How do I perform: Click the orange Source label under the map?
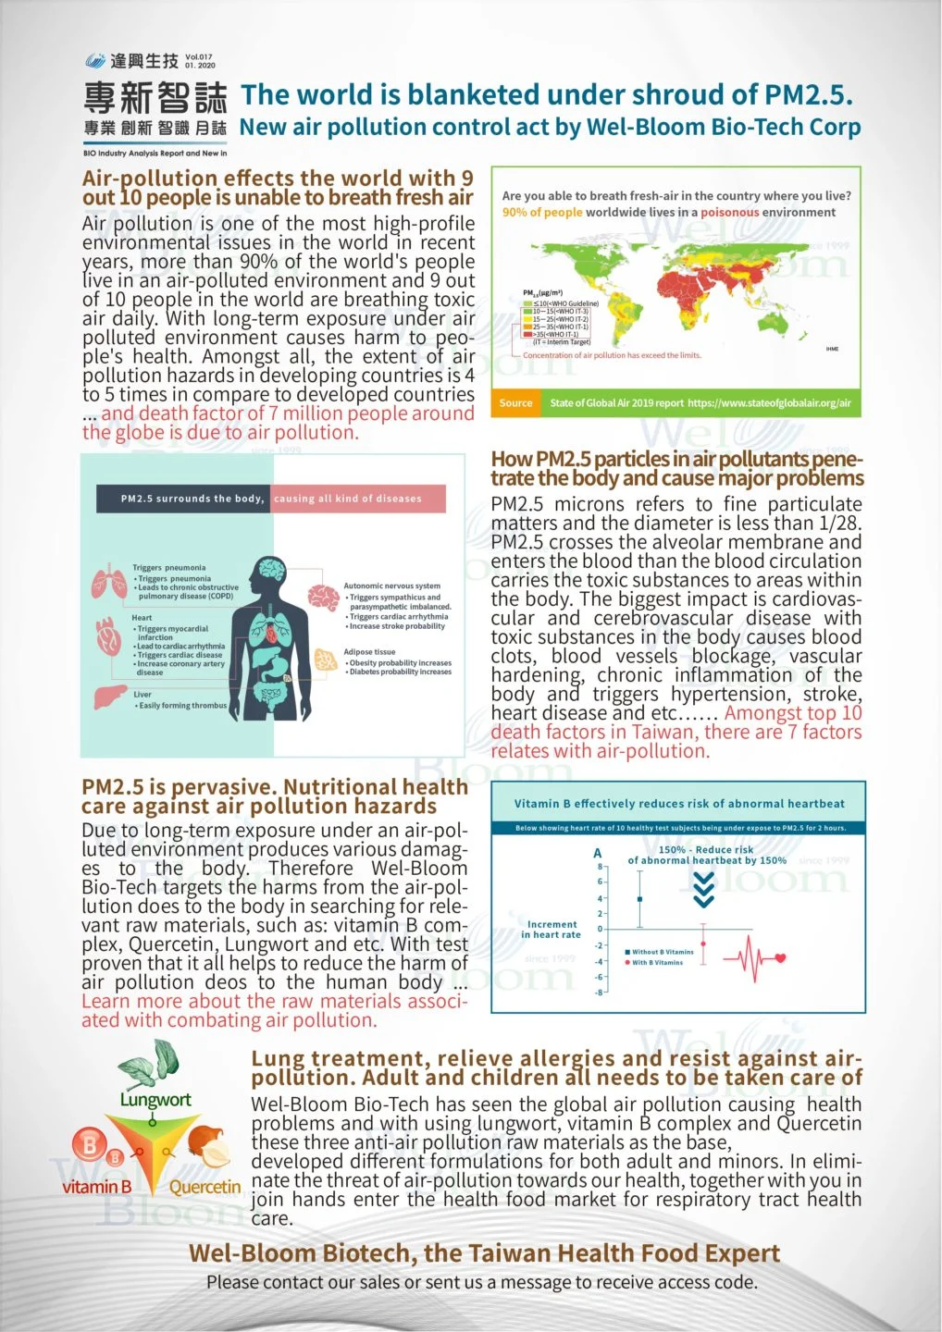[x=515, y=402]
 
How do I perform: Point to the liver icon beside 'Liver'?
[x=111, y=696]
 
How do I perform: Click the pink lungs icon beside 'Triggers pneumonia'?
[x=109, y=583]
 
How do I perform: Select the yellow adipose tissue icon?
[x=326, y=660]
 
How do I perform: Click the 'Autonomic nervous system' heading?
[x=391, y=586]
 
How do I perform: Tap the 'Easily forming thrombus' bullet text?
[x=182, y=706]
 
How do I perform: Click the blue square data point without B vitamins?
[x=639, y=899]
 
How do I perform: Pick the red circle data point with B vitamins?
[x=703, y=943]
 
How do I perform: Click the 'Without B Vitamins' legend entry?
[x=661, y=952]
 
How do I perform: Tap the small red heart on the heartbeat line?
[x=780, y=958]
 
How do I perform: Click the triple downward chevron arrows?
[x=703, y=890]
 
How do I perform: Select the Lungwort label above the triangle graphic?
[x=155, y=1100]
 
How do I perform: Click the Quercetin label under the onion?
[x=205, y=1187]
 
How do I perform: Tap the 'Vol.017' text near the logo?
[x=199, y=56]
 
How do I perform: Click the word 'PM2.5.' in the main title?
[x=808, y=95]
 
